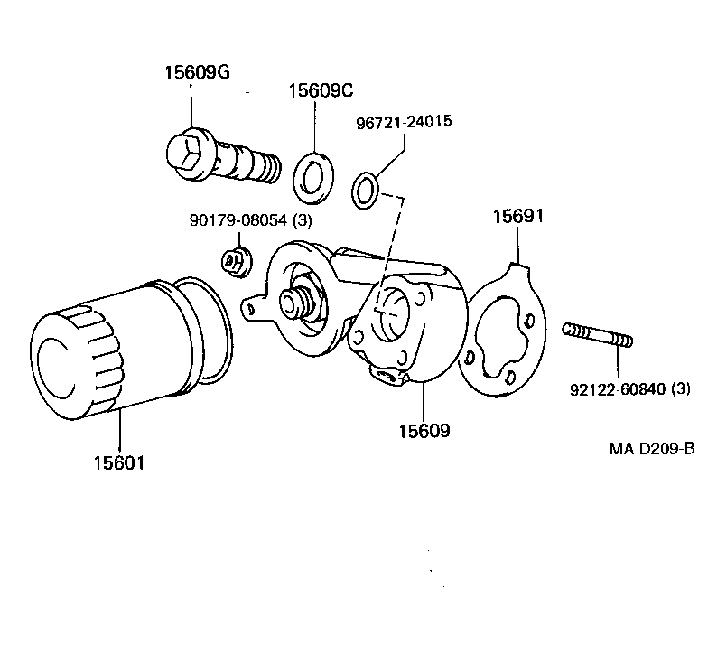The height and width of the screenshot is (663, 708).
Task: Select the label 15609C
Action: click(x=321, y=91)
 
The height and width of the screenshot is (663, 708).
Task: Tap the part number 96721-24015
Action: click(x=404, y=121)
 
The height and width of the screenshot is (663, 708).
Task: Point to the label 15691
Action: click(x=518, y=217)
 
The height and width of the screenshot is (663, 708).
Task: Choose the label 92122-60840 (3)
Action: click(x=629, y=389)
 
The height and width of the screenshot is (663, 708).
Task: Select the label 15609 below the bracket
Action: click(x=423, y=431)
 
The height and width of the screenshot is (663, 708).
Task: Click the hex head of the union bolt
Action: click(x=190, y=152)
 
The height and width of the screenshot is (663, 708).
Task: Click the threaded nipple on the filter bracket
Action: click(x=297, y=303)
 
